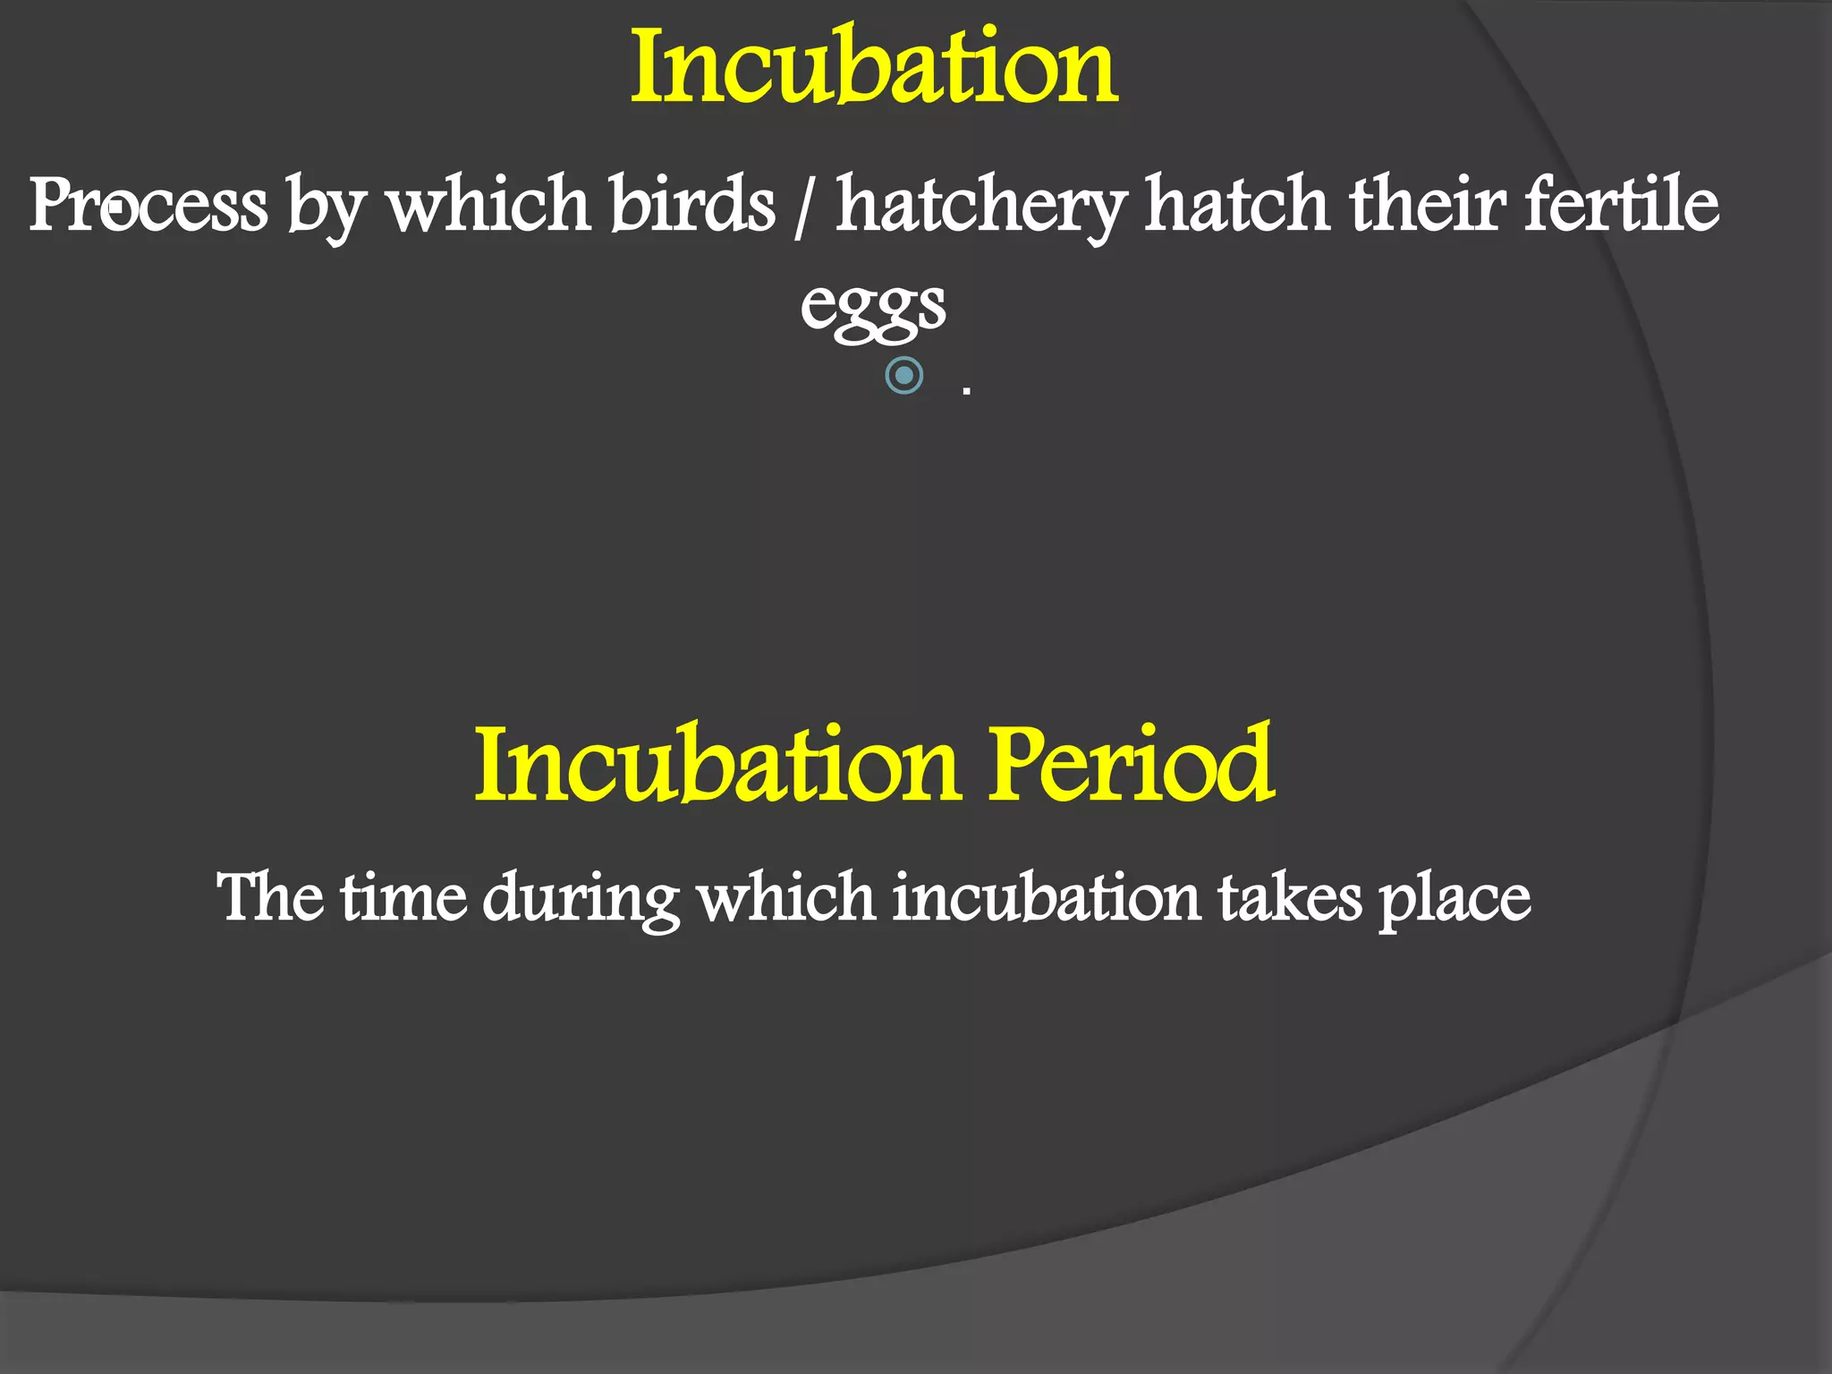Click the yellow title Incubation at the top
point(874,67)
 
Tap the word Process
point(148,205)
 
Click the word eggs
point(872,307)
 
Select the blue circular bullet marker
point(903,375)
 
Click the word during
point(581,900)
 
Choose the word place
point(1455,900)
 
